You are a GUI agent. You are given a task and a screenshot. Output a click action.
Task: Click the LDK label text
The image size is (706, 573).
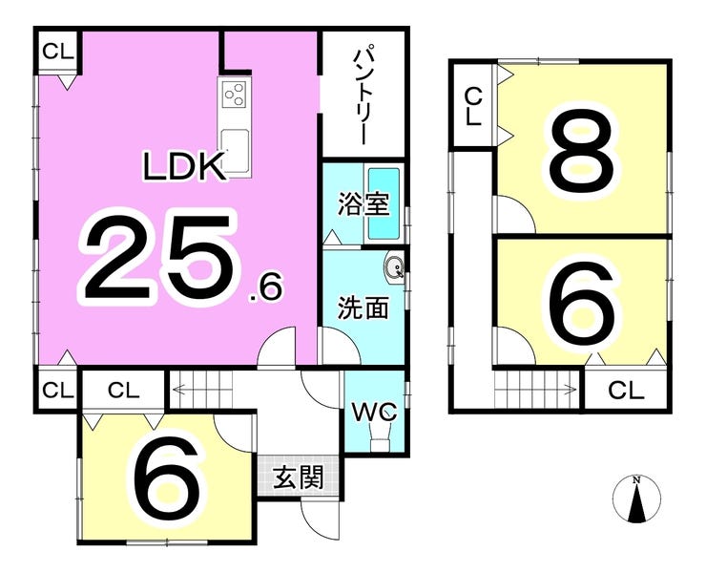pyautogui.click(x=184, y=167)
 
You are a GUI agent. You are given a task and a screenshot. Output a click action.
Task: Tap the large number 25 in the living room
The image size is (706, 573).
pyautogui.click(x=158, y=256)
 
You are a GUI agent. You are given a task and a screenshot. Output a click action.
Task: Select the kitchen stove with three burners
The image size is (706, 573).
pyautogui.click(x=235, y=96)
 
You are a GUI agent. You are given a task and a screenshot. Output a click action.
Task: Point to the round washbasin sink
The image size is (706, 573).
pyautogui.click(x=395, y=267)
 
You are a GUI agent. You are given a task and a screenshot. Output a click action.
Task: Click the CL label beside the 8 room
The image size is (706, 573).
pyautogui.click(x=472, y=106)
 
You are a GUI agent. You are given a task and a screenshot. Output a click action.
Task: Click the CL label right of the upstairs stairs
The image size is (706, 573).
pyautogui.click(x=626, y=390)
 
